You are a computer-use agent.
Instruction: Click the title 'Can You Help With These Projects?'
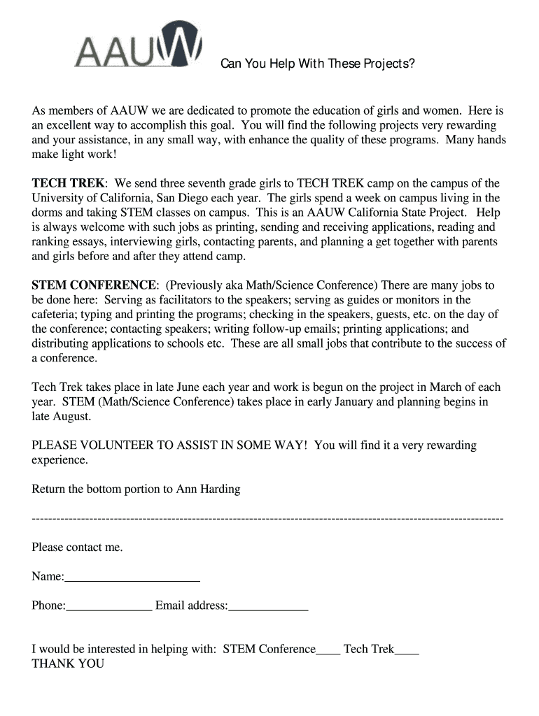318,65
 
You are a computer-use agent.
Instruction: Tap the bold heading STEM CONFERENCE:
95,285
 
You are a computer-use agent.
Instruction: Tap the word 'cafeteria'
55,315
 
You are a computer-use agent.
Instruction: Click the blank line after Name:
132,578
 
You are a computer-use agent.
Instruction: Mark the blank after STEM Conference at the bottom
328,650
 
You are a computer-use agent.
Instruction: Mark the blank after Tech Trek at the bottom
407,650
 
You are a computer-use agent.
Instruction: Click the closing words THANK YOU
68,664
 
